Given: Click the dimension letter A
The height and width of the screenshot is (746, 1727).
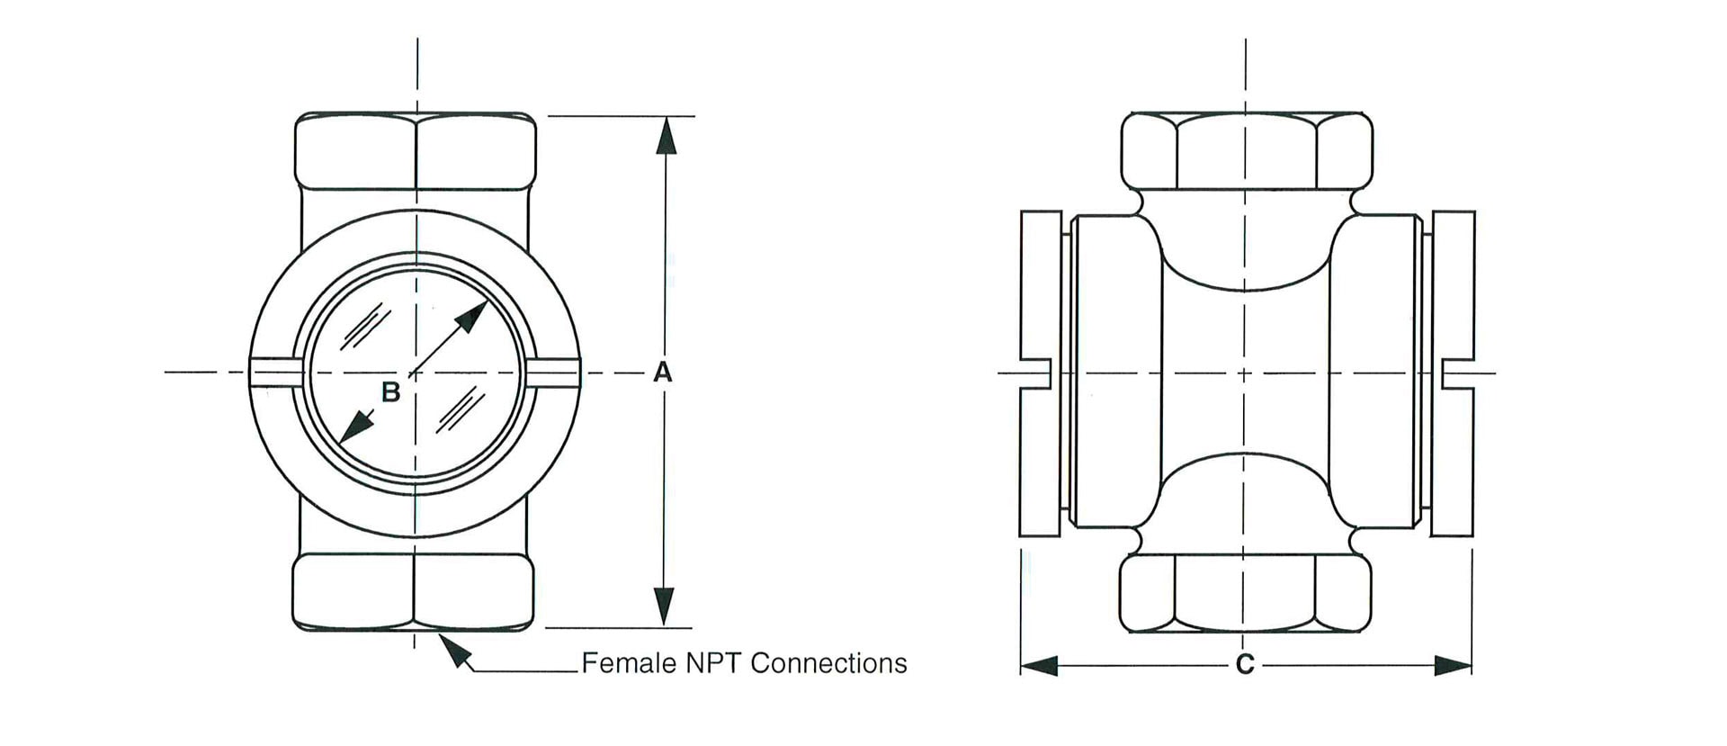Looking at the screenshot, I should (x=663, y=372).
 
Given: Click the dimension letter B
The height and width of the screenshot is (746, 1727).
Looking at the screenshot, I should (x=390, y=392).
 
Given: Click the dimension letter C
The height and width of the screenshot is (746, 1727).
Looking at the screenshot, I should (x=1245, y=665).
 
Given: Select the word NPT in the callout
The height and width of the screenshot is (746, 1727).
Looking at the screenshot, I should (x=713, y=663).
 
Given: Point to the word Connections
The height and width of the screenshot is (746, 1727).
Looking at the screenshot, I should (x=828, y=663).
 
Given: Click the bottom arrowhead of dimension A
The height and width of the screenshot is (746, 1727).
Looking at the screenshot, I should (x=664, y=607).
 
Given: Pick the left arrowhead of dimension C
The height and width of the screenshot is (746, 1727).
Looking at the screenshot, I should (x=1039, y=666).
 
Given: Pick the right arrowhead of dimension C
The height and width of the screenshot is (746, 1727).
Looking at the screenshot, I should (x=1453, y=666).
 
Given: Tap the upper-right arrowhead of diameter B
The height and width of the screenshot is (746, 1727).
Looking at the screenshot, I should (x=473, y=315).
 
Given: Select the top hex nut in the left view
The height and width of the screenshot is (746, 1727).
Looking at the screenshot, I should (x=416, y=151).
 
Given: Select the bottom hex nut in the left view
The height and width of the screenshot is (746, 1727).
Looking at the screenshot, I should (x=414, y=592).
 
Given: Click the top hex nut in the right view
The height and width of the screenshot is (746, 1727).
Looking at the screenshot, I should (x=1247, y=151).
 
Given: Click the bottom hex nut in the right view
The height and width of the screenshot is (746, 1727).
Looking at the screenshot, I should (x=1245, y=593).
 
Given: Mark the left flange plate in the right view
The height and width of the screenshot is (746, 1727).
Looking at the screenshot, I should (x=1041, y=373).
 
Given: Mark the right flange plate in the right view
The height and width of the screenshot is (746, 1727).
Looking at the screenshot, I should (x=1453, y=373).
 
